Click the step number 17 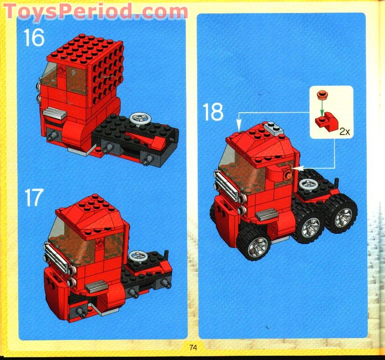coord(34,197)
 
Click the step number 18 coord(213,112)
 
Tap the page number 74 coord(193,347)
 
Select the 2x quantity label coord(344,132)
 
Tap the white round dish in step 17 coord(136,255)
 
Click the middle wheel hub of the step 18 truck coord(309,228)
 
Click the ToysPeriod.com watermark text coord(96,10)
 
